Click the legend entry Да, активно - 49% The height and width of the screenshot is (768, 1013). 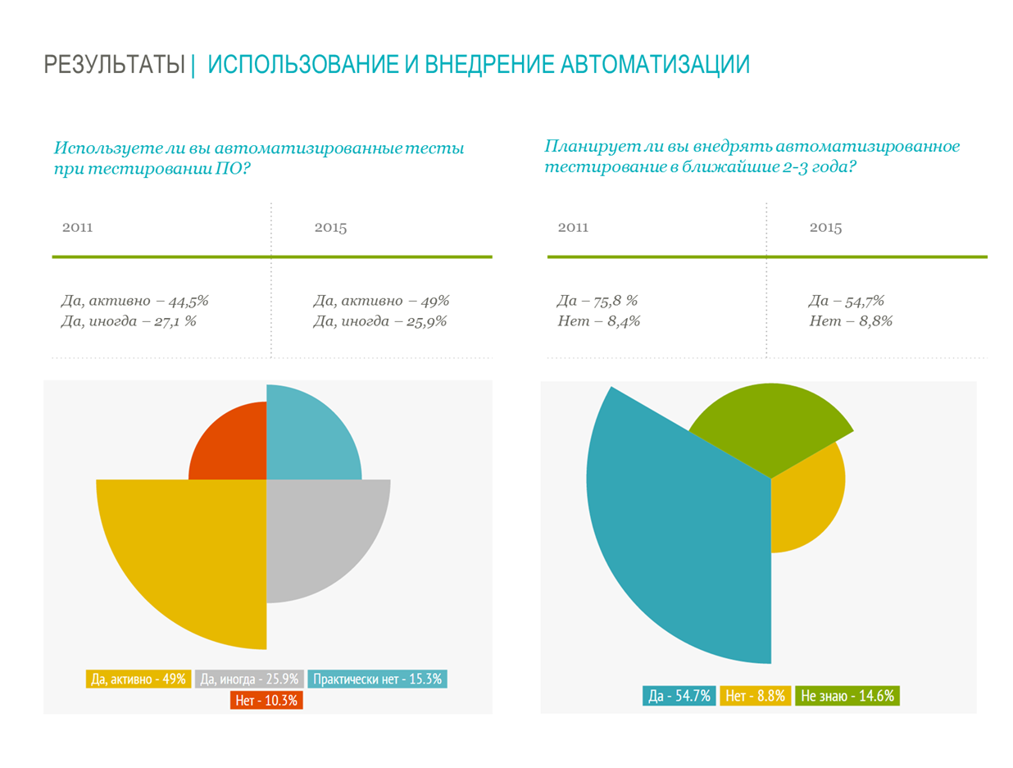pos(139,679)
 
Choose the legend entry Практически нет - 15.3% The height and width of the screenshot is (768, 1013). pos(378,679)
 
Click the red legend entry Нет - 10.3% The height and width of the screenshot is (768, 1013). pos(267,700)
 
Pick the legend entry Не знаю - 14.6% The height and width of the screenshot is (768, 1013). pos(847,696)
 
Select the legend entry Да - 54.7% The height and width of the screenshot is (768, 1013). pos(679,696)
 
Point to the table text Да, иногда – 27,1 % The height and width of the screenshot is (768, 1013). pos(128,321)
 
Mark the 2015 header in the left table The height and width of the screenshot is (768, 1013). pos(330,228)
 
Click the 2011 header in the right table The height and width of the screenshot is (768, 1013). pos(573,228)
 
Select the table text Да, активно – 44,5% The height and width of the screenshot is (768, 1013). pos(129,301)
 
